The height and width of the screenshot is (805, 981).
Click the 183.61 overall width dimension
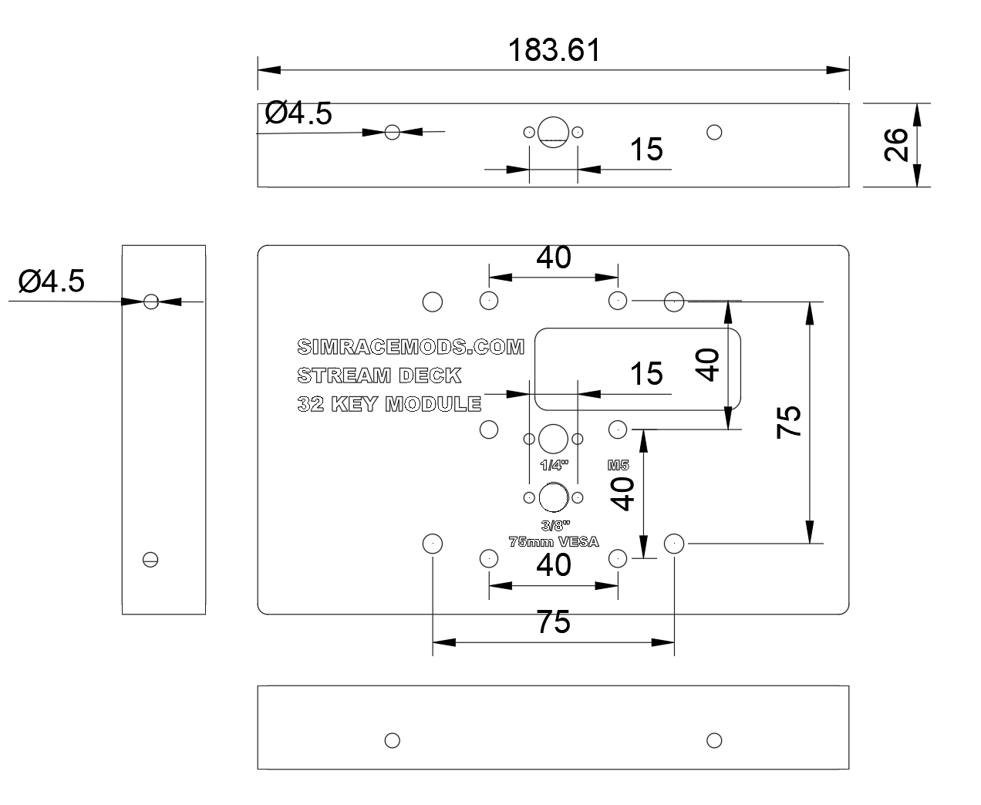point(553,51)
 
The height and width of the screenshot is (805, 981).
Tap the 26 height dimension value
point(895,145)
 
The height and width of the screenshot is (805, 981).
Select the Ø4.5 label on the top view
point(298,113)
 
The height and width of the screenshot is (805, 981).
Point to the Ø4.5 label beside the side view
point(52,281)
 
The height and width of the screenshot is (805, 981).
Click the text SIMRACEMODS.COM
point(410,347)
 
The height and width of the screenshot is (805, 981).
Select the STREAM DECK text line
point(379,376)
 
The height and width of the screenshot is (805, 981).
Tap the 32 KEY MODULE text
point(389,403)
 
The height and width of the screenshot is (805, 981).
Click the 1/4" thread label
point(554,465)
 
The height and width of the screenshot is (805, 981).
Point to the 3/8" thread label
point(553,526)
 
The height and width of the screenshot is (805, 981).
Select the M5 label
point(619,465)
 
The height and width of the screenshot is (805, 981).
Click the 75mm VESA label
point(553,541)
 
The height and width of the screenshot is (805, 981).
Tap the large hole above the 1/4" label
point(553,439)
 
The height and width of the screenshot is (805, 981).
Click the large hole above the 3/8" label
point(553,497)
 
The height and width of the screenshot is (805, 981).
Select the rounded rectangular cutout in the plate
point(638,369)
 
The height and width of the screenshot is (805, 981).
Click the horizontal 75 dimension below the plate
point(553,621)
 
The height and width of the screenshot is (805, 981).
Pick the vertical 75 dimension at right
point(789,422)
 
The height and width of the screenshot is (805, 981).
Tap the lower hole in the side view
point(150,560)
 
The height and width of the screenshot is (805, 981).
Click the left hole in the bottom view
point(392,741)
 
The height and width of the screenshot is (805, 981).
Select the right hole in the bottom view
point(714,741)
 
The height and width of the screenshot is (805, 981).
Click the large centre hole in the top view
point(553,131)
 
